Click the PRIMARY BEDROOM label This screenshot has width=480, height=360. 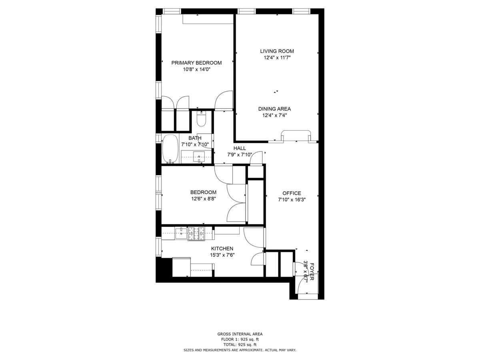point(196,63)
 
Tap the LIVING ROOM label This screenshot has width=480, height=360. point(277,51)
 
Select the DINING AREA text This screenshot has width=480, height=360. point(274,109)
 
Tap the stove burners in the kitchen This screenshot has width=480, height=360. point(196,234)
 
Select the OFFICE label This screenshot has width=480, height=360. point(292,193)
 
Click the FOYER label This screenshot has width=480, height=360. point(312,272)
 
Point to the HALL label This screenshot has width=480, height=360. point(240,148)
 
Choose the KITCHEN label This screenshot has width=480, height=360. point(222,249)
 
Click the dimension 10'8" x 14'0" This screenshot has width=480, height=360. point(196,69)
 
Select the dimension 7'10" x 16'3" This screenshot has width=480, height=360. point(292,200)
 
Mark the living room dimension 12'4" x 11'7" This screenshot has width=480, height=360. point(277,58)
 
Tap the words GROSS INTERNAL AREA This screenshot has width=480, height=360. point(240,334)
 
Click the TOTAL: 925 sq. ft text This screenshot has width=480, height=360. point(240,344)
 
